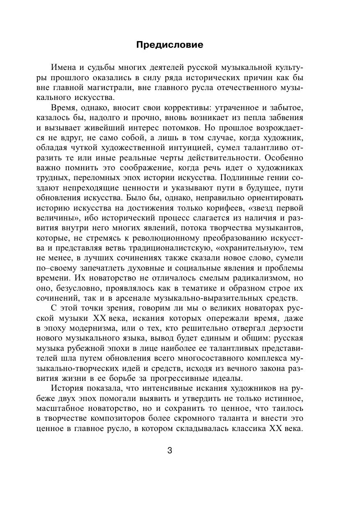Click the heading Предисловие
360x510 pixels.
pyautogui.click(x=169, y=45)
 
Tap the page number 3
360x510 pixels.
pyautogui.click(x=170, y=450)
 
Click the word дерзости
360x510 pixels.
pyautogui.click(x=286, y=328)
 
